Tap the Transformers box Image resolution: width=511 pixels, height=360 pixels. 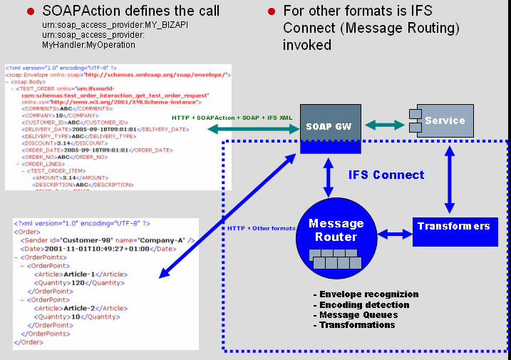point(455,227)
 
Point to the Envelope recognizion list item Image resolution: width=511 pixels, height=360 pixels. point(366,294)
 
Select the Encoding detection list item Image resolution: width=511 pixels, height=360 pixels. point(358,304)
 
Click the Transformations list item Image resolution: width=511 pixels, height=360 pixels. point(354,324)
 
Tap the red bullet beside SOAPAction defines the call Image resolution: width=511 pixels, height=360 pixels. point(31,11)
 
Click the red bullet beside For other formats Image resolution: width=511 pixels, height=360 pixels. point(272,11)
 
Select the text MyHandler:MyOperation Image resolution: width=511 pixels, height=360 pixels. point(78,44)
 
